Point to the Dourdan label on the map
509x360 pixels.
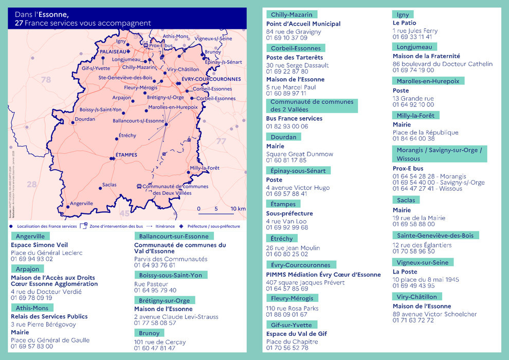pyautogui.click(x=85, y=119)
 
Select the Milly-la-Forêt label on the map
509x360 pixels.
pyautogui.click(x=205, y=168)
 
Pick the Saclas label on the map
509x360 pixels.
pyautogui.click(x=109, y=185)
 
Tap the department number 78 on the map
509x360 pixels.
pyautogui.click(x=46, y=80)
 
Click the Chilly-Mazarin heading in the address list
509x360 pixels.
pyautogui.click(x=292, y=14)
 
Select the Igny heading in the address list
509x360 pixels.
pyautogui.click(x=401, y=14)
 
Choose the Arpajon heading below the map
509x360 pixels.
pyautogui.click(x=27, y=269)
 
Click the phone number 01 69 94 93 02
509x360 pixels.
pyautogui.click(x=32, y=259)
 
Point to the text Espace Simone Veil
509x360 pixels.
pyautogui.click(x=40, y=245)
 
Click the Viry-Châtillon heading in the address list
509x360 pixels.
pyautogui.click(x=416, y=297)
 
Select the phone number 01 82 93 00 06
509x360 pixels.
pyautogui.click(x=287, y=126)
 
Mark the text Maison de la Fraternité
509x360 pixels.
pyautogui.click(x=426, y=56)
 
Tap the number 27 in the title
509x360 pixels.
pyautogui.click(x=19, y=23)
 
